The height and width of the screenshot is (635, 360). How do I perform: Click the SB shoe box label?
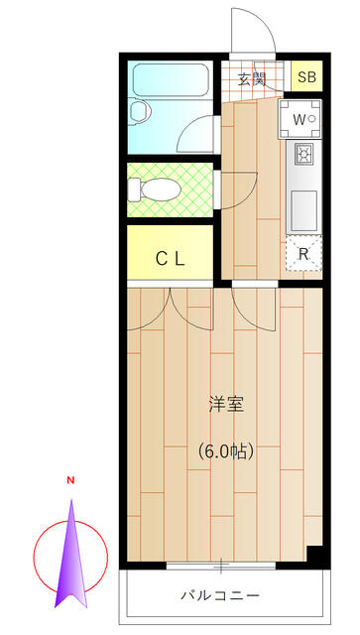point(306,77)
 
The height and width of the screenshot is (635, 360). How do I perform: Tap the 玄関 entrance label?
point(252,79)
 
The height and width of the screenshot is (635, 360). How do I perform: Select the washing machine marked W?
point(300,119)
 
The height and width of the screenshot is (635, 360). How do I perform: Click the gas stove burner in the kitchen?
point(302,154)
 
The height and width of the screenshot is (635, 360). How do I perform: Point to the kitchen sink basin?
point(303,210)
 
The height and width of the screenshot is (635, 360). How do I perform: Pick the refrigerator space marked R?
point(303,254)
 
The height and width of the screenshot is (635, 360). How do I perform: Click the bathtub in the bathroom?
point(171,80)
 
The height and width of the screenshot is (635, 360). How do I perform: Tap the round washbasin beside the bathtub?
point(140,110)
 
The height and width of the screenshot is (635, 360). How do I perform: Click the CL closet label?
point(171,259)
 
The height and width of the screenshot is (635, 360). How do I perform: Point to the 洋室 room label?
point(226,405)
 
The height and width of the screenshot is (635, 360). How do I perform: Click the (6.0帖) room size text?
point(226,452)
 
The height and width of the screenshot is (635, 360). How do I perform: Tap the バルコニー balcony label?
point(220,595)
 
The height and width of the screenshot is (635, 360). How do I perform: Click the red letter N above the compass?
point(70,480)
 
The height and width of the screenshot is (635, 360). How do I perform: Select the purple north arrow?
point(70,554)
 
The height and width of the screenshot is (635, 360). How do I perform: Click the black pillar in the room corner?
point(314,554)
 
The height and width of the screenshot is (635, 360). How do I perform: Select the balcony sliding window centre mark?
point(221,567)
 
